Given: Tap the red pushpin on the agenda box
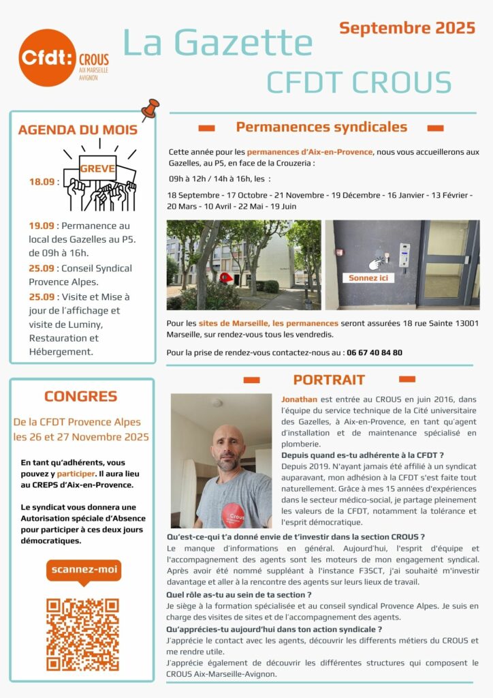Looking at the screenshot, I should point(149,108).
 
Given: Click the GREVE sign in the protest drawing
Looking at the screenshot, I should point(98,168).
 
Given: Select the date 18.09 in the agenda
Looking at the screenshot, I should point(41,182).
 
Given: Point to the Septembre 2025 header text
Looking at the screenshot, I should point(407,28).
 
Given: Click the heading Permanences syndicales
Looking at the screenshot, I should point(321,127).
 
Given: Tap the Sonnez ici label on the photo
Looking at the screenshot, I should point(368,278).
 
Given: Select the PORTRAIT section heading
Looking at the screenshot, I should point(329,380).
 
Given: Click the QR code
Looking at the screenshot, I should point(82,634).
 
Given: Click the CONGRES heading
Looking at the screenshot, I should point(80,396).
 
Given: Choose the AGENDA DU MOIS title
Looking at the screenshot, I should point(78,130).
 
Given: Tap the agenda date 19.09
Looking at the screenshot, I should point(41,226).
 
